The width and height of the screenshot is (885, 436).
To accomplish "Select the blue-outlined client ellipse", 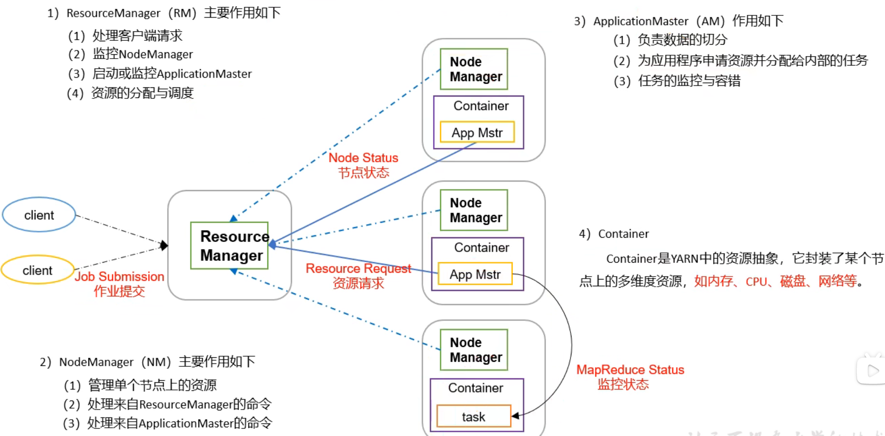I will (39, 215).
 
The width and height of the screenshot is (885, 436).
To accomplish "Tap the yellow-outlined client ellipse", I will (37, 270).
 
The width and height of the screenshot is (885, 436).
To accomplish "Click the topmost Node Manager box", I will (474, 69).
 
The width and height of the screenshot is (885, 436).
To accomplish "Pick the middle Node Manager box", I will (474, 210).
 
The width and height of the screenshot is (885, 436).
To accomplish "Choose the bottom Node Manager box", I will (474, 350).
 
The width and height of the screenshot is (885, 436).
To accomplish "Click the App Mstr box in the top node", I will (477, 133).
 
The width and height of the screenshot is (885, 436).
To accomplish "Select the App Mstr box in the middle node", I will (475, 274).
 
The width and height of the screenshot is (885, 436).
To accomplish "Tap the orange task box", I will (473, 416).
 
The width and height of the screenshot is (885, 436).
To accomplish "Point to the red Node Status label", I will (363, 158).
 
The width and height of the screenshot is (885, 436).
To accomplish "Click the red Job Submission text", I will (119, 277).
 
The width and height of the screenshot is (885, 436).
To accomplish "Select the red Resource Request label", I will (358, 268).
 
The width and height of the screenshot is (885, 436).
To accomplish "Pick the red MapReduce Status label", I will (630, 370).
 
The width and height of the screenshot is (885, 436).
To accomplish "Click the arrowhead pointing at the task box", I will (516, 416).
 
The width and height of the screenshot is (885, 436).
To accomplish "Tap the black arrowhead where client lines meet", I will (164, 245).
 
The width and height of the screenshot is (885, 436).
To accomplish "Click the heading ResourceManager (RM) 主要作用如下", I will (164, 13).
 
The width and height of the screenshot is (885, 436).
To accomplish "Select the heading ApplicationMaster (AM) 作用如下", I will (679, 21).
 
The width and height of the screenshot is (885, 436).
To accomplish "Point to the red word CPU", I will (756, 281).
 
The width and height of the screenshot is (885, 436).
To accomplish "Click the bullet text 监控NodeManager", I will (143, 54).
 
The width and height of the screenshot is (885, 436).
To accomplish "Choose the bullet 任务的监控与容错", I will (689, 81).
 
